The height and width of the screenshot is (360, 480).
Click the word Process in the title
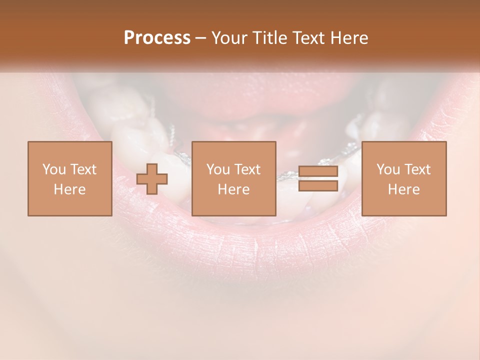[x=157, y=38]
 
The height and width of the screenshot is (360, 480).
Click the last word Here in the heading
[x=348, y=38]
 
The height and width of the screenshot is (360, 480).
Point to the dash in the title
[x=200, y=38]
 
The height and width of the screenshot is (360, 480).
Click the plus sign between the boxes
[x=152, y=179]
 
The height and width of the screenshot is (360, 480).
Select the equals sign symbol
[x=318, y=178]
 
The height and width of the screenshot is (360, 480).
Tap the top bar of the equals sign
[x=318, y=171]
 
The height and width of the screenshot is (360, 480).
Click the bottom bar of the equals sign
[x=318, y=186]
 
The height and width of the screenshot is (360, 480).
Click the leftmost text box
[x=69, y=178]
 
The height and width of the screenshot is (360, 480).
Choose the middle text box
[x=233, y=178]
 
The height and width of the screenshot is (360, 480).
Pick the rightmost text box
[x=403, y=178]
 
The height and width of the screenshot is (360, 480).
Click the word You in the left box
[x=53, y=169]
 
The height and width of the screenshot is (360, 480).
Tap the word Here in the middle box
[x=233, y=189]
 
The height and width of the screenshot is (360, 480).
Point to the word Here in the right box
[x=403, y=189]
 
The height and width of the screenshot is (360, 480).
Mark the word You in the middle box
[x=217, y=169]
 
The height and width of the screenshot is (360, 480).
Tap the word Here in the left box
[x=69, y=189]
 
